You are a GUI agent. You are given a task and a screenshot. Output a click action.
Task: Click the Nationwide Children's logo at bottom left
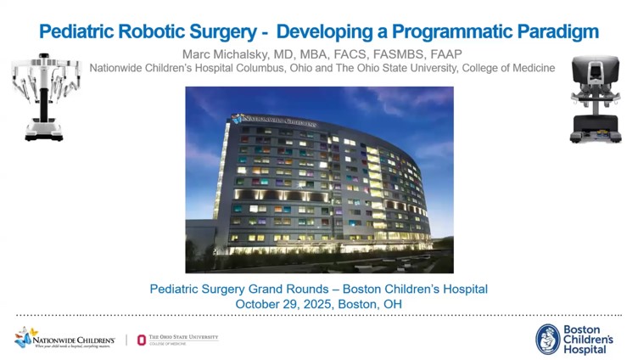click(x=64, y=337)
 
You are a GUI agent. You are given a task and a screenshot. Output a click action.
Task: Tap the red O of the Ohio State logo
click(x=142, y=340)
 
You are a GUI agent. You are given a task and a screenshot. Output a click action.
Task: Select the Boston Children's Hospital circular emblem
click(x=549, y=339)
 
